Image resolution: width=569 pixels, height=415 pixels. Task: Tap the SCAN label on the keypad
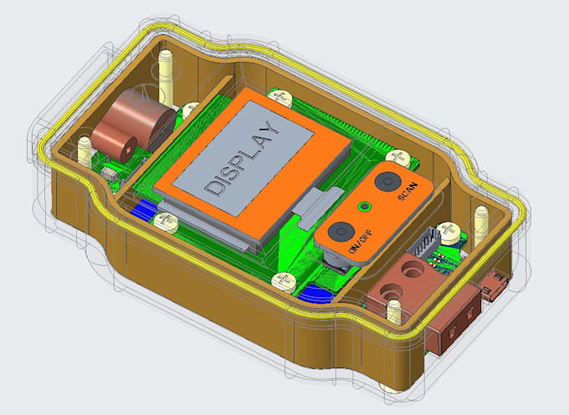coord(408,192)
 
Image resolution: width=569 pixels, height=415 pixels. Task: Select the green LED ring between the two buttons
coord(364,207)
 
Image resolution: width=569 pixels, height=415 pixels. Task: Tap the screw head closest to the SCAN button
coord(399,157)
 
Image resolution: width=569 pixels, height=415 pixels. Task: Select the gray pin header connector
coord(425,241)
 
